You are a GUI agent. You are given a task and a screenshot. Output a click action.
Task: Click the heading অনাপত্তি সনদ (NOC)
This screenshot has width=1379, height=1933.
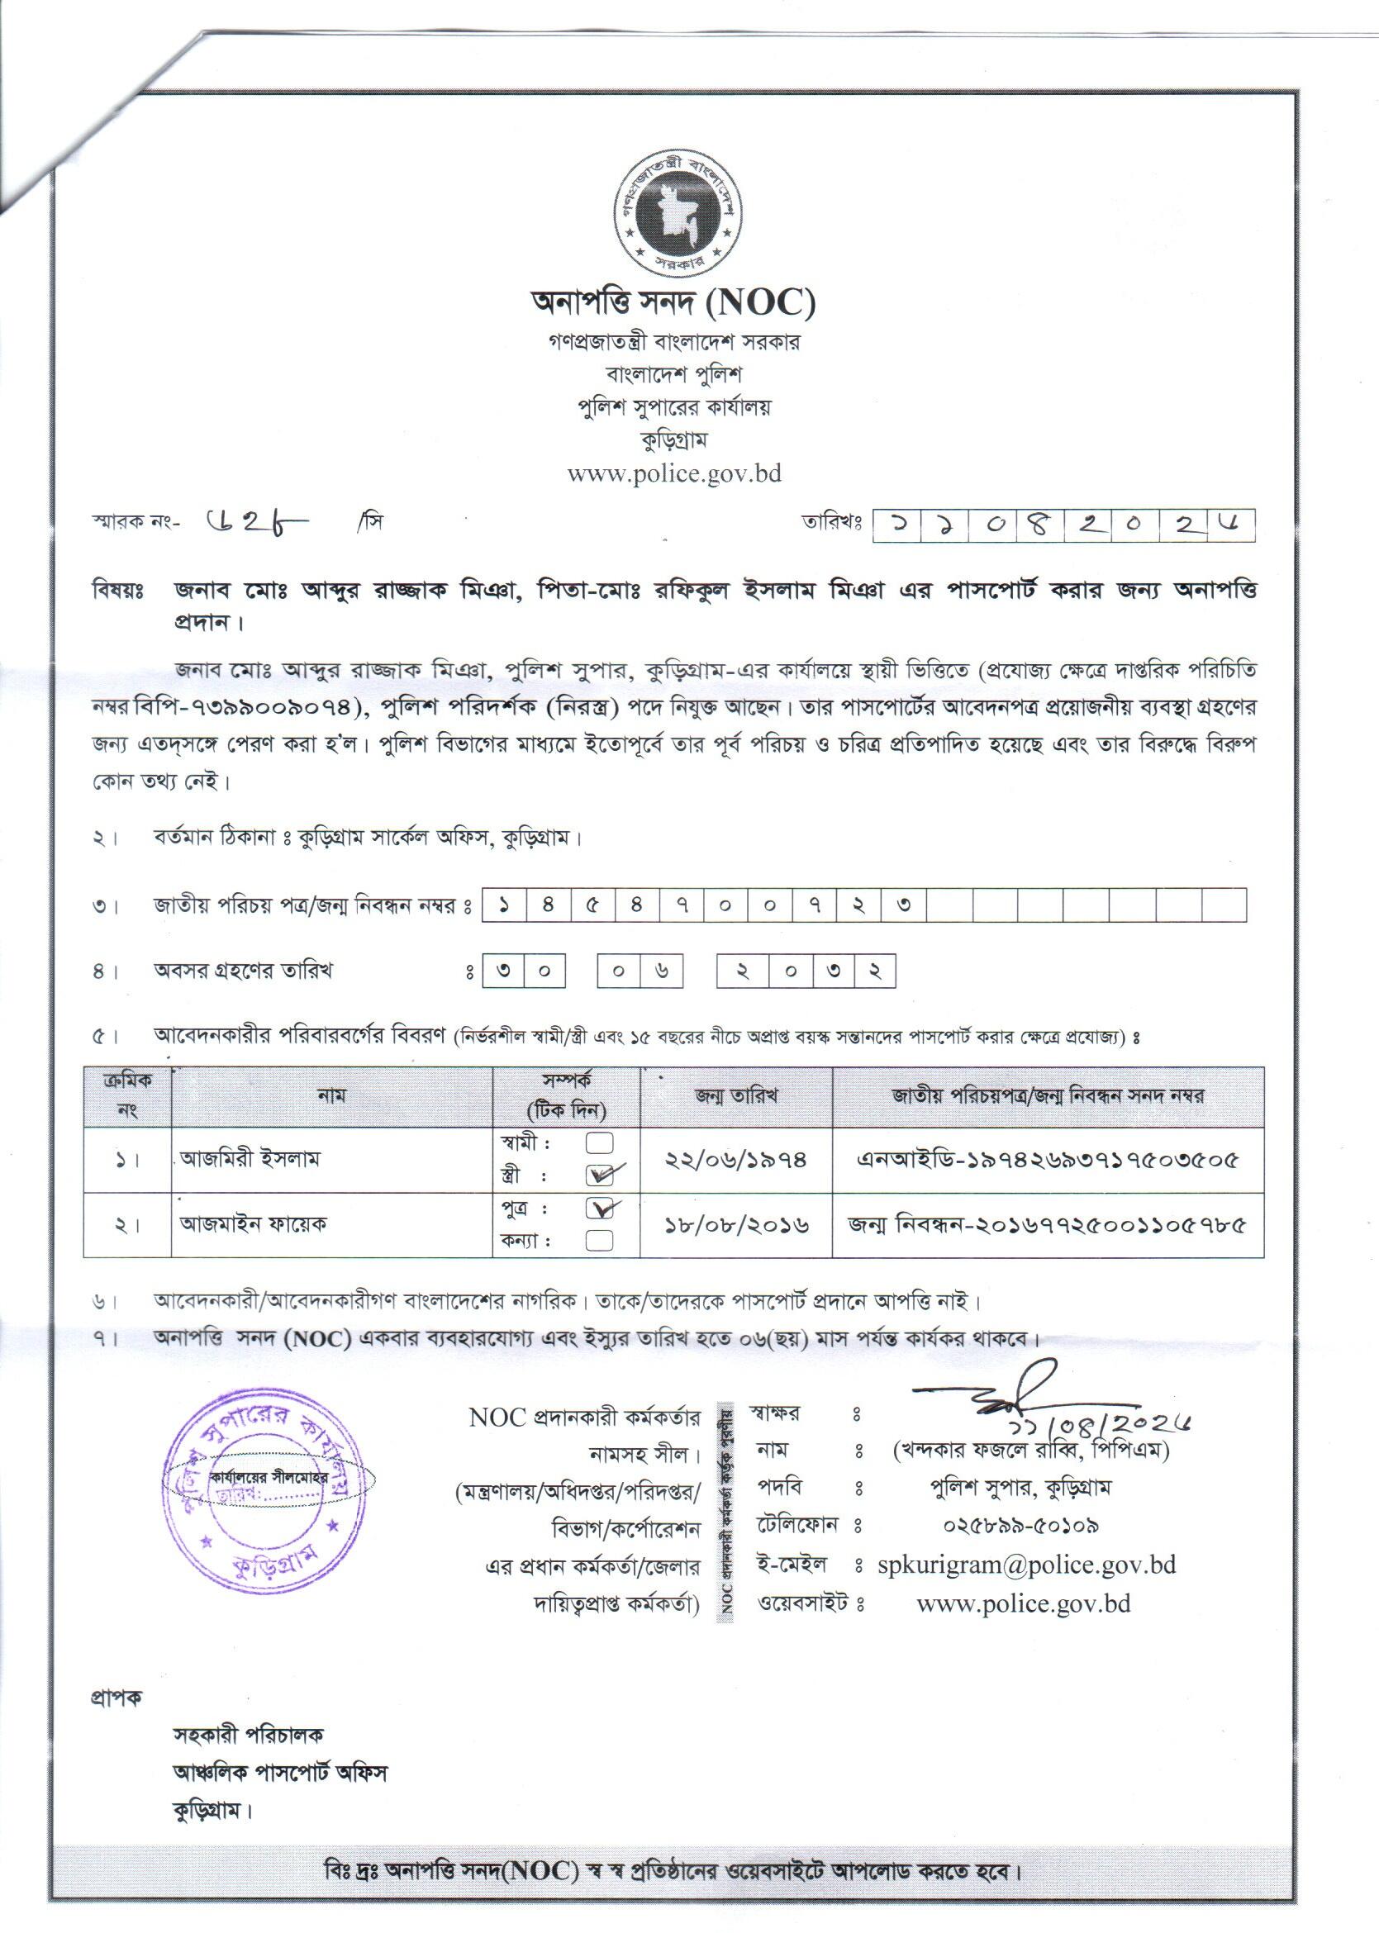(x=673, y=302)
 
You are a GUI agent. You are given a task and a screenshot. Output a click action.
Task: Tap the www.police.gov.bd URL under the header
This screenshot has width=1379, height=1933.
(x=674, y=473)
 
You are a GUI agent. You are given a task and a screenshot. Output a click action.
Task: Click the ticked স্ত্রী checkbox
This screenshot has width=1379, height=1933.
(x=600, y=1174)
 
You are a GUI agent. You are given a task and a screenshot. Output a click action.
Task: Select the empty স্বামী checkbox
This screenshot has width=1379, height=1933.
(x=600, y=1142)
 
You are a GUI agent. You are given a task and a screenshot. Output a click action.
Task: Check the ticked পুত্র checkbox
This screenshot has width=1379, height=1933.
(x=600, y=1207)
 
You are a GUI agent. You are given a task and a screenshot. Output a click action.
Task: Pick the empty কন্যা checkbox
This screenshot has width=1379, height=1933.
(x=600, y=1240)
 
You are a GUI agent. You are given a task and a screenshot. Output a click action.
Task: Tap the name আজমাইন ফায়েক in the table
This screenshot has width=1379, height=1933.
(x=253, y=1224)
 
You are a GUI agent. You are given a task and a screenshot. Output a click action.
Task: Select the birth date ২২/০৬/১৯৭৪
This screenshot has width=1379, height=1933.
(x=735, y=1159)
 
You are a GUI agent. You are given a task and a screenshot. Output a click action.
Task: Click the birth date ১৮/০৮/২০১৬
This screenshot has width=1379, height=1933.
(x=735, y=1225)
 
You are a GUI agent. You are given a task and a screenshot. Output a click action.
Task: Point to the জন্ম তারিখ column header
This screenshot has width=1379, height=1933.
(x=735, y=1096)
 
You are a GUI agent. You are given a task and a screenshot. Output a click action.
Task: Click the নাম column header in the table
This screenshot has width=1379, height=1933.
(x=331, y=1096)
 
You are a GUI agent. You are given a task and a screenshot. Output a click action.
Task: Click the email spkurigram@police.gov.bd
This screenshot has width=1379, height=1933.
(x=1027, y=1565)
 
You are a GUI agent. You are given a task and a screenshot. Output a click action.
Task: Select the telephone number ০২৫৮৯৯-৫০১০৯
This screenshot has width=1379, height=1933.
(x=1021, y=1526)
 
